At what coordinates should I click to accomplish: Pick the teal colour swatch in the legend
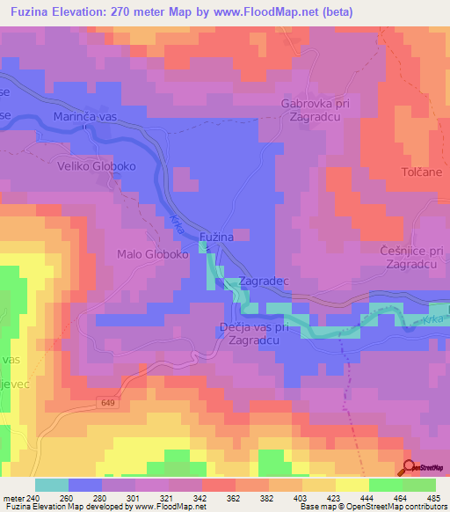coord(52,485)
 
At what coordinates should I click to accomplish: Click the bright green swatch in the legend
coord(419,485)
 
